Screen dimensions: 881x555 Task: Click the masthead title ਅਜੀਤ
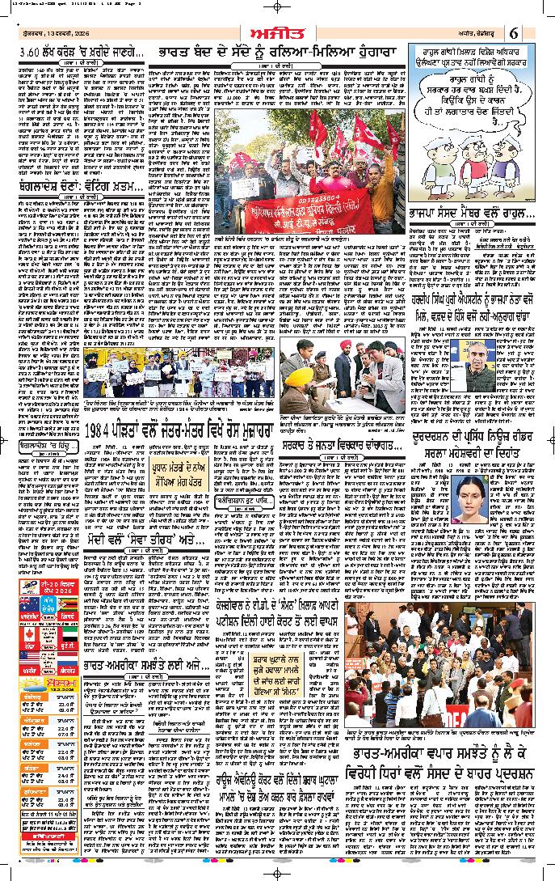click(278, 33)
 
